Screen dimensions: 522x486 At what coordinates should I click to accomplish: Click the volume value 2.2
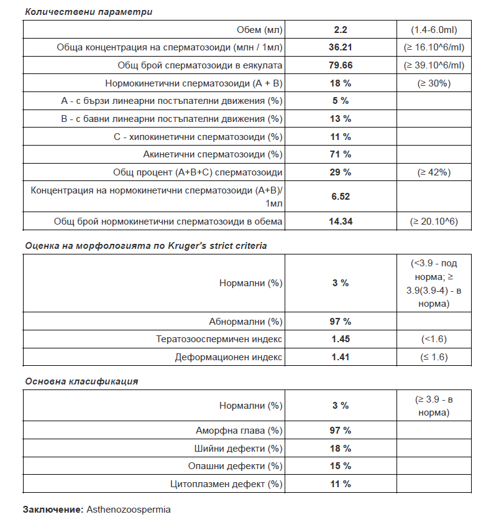[x=341, y=30]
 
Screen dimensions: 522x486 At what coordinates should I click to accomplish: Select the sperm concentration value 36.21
[x=341, y=47]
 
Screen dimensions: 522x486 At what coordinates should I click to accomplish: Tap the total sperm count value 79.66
[x=341, y=65]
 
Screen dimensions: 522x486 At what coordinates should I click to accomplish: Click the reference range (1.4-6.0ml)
[x=434, y=30]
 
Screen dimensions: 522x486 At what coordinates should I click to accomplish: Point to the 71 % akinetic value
[x=341, y=154]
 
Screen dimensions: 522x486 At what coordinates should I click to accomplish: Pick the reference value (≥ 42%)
[x=434, y=172]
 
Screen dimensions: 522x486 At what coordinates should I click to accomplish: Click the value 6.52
[x=341, y=197]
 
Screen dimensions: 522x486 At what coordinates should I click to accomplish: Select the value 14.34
[x=341, y=221]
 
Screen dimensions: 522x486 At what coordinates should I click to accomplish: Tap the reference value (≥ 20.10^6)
[x=434, y=221]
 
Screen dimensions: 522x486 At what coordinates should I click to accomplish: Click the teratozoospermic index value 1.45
[x=341, y=339]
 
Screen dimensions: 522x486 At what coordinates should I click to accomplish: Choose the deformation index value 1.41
[x=341, y=357]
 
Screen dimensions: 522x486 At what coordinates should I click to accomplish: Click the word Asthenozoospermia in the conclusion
[x=128, y=510]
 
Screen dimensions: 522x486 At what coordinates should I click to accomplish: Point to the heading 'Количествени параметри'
[x=88, y=12]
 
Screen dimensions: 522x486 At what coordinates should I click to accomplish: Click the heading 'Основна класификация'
[x=81, y=381]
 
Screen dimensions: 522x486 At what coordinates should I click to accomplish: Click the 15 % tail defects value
[x=341, y=466]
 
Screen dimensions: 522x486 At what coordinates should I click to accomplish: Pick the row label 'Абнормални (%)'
[x=245, y=322]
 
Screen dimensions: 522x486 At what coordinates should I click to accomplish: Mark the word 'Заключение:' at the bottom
[x=53, y=510]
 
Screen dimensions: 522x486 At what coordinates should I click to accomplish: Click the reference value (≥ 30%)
[x=434, y=83]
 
